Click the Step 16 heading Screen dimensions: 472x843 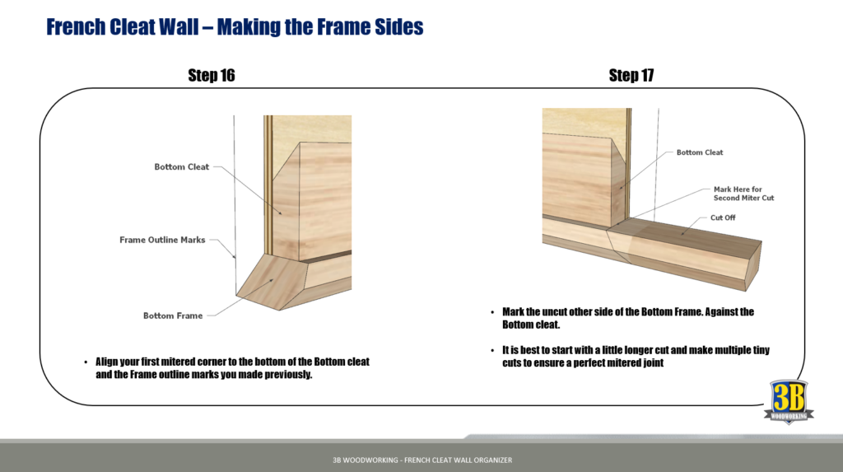tap(211, 76)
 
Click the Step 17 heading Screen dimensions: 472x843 tap(631, 76)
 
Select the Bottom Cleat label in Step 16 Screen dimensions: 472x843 tap(181, 167)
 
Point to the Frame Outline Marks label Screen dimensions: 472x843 tap(162, 241)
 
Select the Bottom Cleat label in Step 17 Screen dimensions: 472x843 tap(699, 152)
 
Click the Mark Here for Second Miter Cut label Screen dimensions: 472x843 tap(743, 194)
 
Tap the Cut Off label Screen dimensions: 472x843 tap(723, 218)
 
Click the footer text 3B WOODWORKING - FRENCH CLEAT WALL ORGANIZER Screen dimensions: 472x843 tap(417, 460)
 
